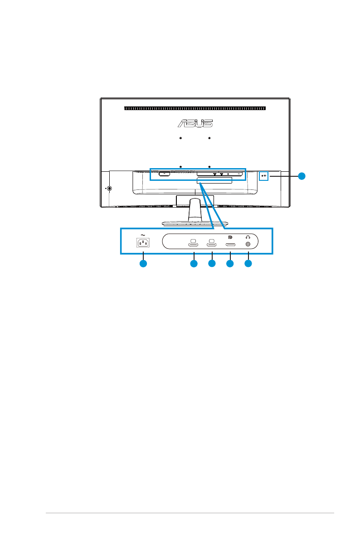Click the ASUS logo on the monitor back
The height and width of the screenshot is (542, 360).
click(194, 123)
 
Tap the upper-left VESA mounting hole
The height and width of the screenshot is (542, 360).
click(180, 138)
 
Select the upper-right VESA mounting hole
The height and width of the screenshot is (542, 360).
click(209, 138)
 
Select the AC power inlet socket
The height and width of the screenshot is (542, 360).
click(143, 243)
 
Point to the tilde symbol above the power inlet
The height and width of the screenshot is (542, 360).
click(143, 235)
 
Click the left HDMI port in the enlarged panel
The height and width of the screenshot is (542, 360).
click(194, 245)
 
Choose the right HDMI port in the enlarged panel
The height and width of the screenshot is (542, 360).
click(212, 245)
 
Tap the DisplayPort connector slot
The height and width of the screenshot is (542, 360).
click(230, 245)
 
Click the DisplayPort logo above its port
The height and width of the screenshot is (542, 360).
click(230, 237)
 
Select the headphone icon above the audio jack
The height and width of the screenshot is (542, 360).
click(248, 237)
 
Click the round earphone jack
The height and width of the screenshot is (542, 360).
click(248, 245)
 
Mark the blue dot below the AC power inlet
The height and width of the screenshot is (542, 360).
click(143, 263)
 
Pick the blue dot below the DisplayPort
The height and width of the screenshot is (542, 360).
click(230, 263)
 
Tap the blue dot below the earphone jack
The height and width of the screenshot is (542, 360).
click(248, 263)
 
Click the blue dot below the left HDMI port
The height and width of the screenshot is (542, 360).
click(194, 263)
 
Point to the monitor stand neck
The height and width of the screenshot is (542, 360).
click(195, 209)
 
